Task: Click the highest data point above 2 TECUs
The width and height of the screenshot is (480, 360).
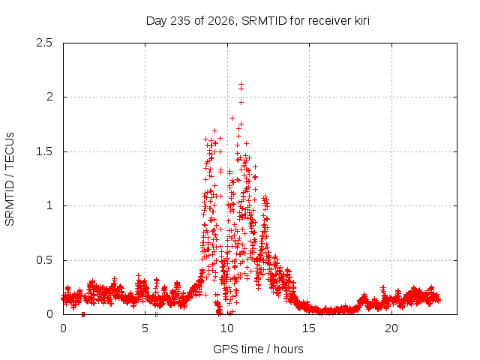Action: coord(241,84)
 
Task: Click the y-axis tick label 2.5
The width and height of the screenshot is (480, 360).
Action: coord(44,43)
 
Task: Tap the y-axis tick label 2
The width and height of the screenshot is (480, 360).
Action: coord(49,97)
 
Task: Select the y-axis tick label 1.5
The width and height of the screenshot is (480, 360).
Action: coord(44,151)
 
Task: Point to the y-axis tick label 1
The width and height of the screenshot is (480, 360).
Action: coord(49,205)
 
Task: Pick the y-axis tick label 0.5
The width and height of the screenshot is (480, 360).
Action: coord(44,260)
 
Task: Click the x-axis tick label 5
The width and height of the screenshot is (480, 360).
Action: coord(145,328)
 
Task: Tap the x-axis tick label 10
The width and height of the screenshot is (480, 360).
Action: coord(227,328)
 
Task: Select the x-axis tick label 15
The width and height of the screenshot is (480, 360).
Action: coord(309,328)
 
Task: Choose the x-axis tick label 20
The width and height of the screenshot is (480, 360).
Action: coord(391,328)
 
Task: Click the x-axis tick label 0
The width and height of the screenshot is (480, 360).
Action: coord(63,328)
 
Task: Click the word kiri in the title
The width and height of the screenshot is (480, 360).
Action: coord(362,21)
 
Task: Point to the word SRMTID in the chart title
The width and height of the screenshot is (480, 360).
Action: coord(264,21)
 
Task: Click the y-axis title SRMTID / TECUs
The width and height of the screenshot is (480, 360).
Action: coord(10,179)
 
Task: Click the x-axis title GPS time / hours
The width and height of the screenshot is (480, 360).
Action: coord(258,349)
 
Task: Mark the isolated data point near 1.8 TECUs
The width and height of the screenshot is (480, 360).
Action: coord(232,118)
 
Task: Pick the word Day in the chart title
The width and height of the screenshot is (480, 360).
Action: coord(157,21)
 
